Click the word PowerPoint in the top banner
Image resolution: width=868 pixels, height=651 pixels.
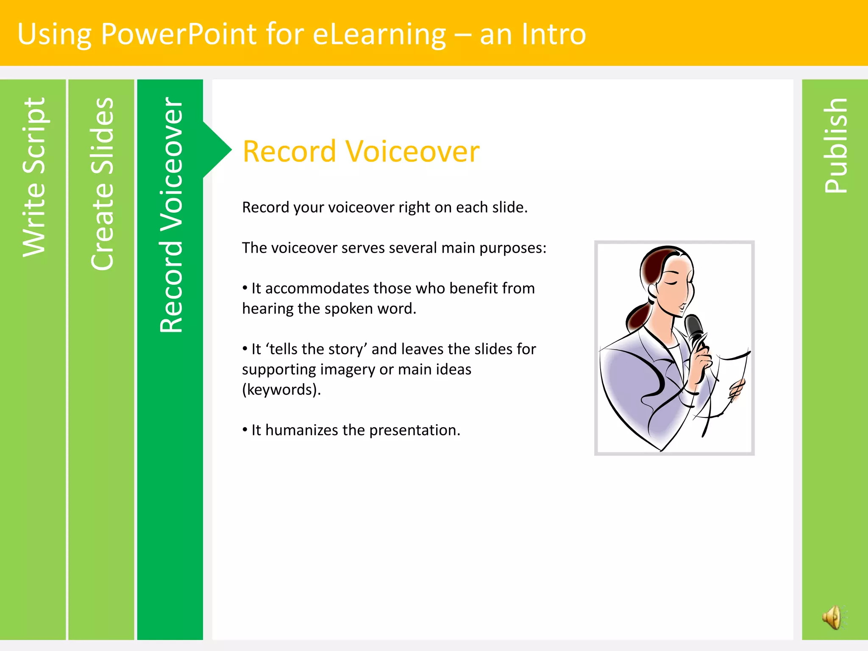pyautogui.click(x=178, y=34)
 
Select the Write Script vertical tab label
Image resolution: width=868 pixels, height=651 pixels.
pyautogui.click(x=34, y=177)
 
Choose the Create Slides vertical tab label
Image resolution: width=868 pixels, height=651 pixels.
pyautogui.click(x=102, y=184)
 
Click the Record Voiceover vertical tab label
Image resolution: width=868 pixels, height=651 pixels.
pyautogui.click(x=171, y=214)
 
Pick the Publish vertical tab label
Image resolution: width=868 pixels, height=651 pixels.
pyautogui.click(x=835, y=145)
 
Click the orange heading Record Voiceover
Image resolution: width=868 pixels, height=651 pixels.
pyautogui.click(x=361, y=151)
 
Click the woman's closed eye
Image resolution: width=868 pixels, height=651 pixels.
pyautogui.click(x=671, y=283)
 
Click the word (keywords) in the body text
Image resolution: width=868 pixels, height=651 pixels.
pyautogui.click(x=281, y=389)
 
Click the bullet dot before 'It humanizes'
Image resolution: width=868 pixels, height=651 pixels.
pyautogui.click(x=245, y=430)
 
